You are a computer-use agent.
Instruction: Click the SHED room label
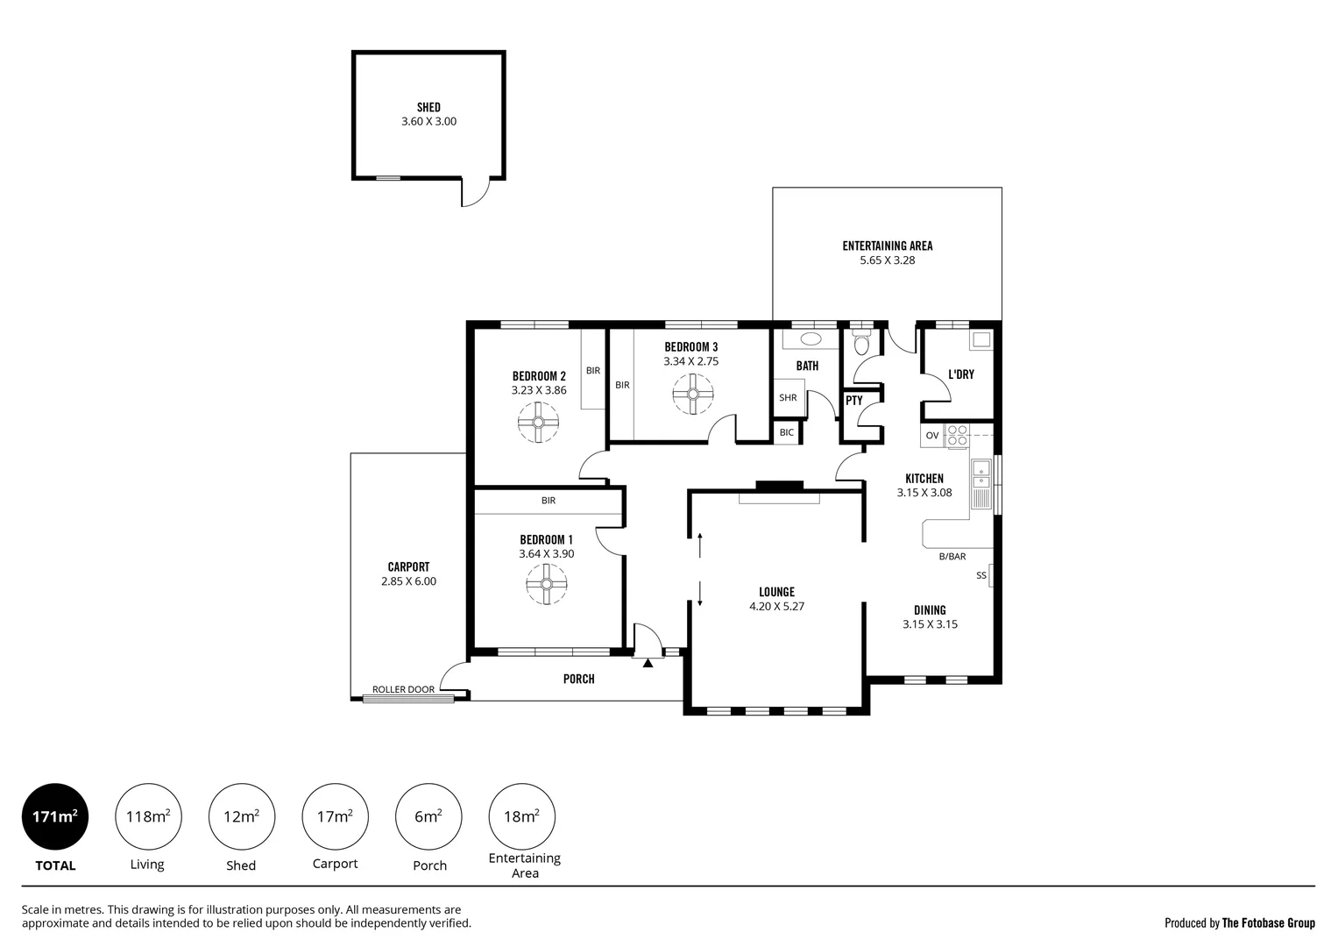428,108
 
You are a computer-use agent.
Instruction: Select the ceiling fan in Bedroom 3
693,395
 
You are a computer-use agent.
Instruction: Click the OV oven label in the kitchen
931,435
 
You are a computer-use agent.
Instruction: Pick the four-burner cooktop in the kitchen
956,436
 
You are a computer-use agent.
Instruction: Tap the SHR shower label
788,397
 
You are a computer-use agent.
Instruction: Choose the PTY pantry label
854,401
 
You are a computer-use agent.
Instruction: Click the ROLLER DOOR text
403,689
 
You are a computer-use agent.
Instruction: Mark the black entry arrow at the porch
648,663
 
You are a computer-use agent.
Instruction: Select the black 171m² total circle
55,816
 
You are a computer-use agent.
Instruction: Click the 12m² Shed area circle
241,816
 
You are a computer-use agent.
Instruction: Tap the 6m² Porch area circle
428,816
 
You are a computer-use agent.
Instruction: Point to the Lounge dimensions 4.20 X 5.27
776,606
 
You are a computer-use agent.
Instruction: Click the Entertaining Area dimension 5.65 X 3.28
887,260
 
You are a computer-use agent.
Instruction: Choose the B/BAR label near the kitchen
952,556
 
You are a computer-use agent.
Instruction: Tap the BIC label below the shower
786,432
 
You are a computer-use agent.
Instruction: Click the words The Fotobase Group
1268,922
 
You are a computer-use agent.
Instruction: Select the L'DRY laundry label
961,374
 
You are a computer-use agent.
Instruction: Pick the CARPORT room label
408,566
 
